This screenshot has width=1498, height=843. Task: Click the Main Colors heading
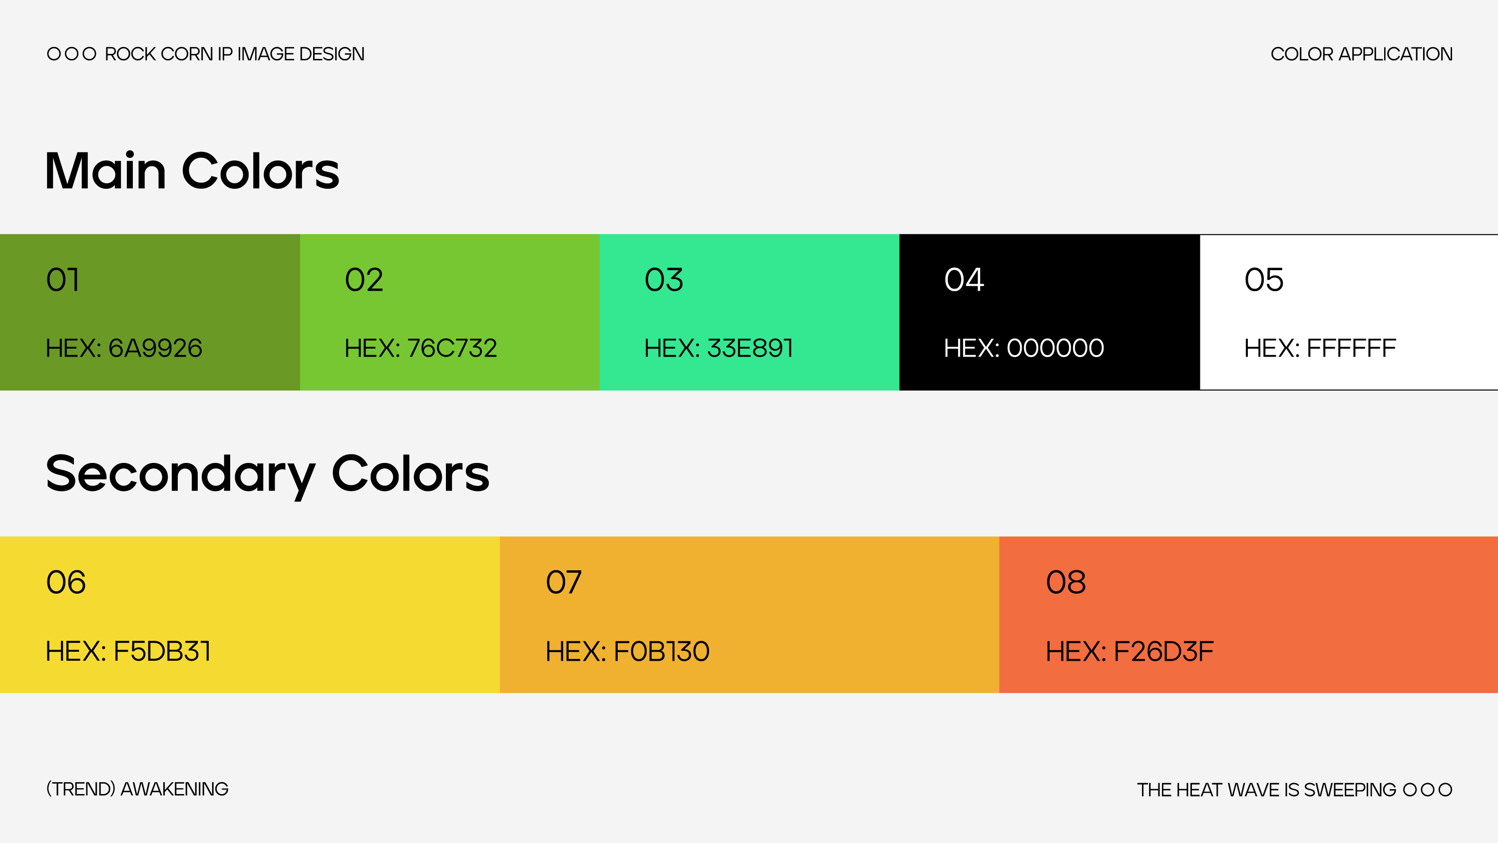pos(192,170)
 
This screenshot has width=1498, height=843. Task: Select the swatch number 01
pos(63,280)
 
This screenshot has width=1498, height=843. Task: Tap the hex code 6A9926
pos(124,348)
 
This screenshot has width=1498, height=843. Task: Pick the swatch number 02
pos(364,280)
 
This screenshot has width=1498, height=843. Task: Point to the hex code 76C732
pos(421,348)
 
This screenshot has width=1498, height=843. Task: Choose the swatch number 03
pos(664,280)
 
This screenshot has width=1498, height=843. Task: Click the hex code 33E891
pos(719,348)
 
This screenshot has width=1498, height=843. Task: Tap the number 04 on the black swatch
pos(964,280)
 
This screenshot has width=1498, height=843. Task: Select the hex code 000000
pos(1024,348)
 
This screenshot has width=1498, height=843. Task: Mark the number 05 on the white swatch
pos(1264,280)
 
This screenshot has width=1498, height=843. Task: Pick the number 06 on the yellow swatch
pos(66,582)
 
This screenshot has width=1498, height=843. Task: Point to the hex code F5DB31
pos(128,651)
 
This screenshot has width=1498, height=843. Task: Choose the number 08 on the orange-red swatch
pos(1066,582)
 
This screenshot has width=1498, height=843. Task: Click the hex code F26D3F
pos(1130,651)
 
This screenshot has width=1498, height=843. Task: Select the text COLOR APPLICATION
pos(1362,54)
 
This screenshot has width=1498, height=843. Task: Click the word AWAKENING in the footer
pos(174,790)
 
